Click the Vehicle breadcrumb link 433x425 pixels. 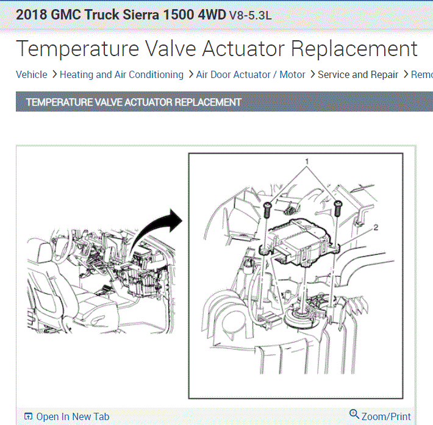coord(32,74)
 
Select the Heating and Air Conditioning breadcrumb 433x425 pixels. coord(121,74)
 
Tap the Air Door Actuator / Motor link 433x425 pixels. coord(251,74)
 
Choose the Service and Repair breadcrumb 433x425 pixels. coord(358,74)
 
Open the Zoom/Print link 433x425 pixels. coord(386,416)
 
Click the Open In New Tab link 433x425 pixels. coord(73,416)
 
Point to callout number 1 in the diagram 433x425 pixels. coord(307,161)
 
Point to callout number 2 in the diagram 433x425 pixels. coord(376,227)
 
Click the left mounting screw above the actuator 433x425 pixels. coord(267,209)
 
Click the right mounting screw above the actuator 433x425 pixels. coord(338,209)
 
